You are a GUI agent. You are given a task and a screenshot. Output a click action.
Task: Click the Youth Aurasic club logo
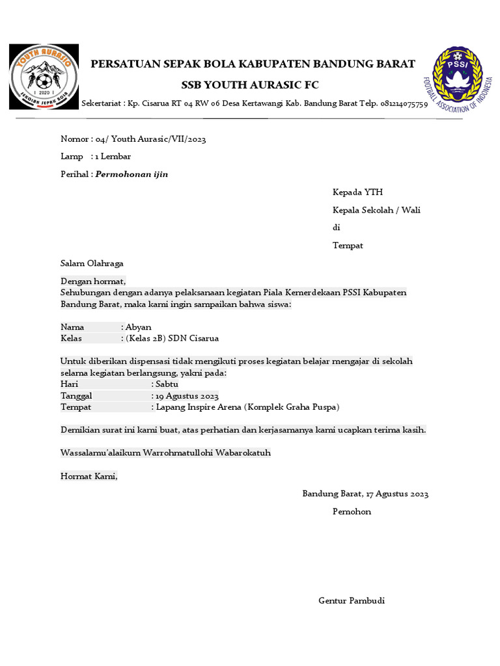44,77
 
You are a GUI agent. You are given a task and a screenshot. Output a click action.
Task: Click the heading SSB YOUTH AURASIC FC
250,85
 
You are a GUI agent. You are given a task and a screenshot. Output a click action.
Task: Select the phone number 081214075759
404,104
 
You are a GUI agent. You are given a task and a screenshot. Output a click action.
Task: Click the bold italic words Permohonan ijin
132,174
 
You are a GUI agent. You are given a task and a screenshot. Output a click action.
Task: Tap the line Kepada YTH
357,192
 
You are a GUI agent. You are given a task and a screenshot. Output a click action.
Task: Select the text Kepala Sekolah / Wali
376,210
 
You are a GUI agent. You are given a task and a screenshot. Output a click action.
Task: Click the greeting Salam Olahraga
92,263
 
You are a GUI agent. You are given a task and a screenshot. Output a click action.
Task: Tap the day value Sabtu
167,384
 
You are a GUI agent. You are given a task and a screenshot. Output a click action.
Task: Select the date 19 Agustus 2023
186,395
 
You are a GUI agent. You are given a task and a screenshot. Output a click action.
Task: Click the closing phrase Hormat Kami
89,476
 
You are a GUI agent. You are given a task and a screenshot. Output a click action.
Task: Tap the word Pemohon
352,511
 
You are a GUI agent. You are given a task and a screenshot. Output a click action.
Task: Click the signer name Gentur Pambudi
351,600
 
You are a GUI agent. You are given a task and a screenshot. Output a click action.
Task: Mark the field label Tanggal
76,395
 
